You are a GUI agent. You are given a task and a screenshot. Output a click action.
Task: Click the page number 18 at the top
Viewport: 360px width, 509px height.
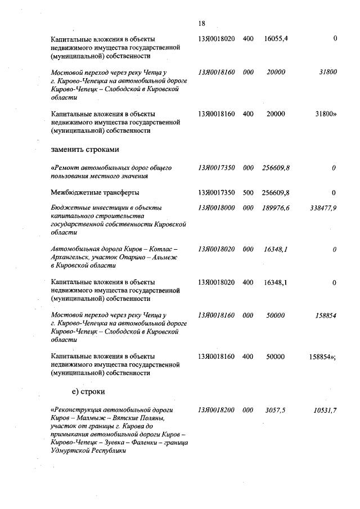tap(202, 23)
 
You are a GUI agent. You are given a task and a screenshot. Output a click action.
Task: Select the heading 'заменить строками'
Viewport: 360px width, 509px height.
tap(84, 150)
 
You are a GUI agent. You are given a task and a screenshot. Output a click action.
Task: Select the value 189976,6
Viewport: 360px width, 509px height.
tap(276, 208)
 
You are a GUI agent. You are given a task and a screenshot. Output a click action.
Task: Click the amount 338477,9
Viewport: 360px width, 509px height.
tap(323, 208)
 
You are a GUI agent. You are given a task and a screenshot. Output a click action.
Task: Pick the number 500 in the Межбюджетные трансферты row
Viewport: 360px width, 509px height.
tap(248, 192)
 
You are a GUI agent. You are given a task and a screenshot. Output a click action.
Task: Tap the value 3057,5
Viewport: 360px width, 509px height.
tap(276, 410)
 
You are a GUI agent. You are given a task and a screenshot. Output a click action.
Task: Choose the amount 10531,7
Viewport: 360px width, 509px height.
tap(325, 410)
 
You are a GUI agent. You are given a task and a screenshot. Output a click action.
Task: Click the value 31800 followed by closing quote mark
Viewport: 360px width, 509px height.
tap(326, 114)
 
